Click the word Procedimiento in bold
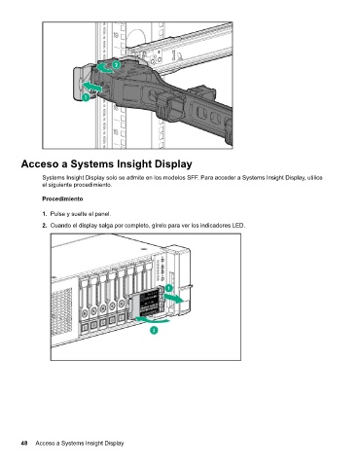click(x=62, y=198)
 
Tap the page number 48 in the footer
click(x=24, y=443)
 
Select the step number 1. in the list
click(x=45, y=214)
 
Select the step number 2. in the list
click(x=45, y=226)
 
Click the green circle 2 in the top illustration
click(x=116, y=64)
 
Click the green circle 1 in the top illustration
click(x=86, y=97)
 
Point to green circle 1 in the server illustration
click(x=169, y=288)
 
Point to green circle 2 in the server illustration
click(x=154, y=330)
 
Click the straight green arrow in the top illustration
click(x=91, y=87)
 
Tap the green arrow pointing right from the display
click(x=173, y=298)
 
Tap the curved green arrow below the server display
click(x=153, y=320)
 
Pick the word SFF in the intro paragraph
click(x=192, y=178)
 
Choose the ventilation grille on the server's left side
click(x=62, y=311)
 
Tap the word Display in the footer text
click(x=114, y=443)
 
